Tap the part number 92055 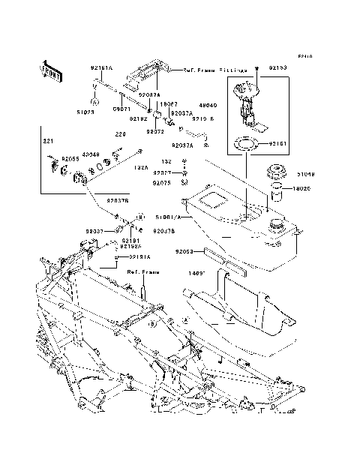(x=70, y=159)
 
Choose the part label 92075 (x=162, y=182)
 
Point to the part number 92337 (x=94, y=231)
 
